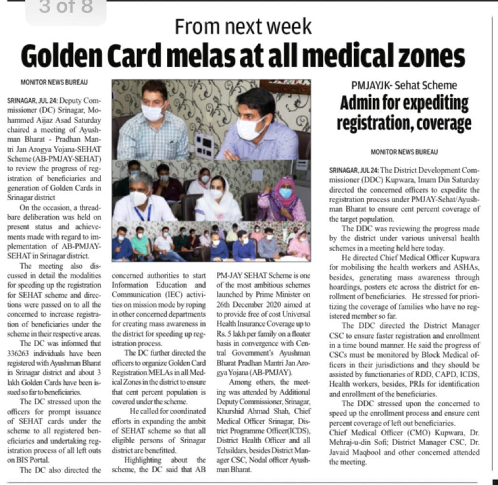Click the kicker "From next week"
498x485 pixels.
pyautogui.click(x=243, y=26)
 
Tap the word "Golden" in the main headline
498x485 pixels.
pyautogui.click(x=62, y=56)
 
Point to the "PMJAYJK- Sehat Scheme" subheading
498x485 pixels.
pyautogui.click(x=404, y=86)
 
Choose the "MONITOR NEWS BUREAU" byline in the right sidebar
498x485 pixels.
pyautogui.click(x=404, y=152)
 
